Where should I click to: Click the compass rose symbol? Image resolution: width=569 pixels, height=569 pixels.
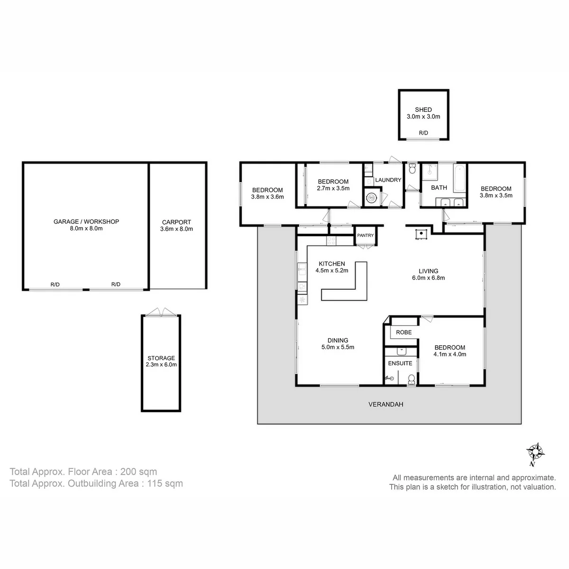(x=535, y=452)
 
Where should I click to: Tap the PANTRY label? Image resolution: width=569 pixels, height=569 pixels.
(x=365, y=235)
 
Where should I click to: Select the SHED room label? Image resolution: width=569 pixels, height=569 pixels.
(x=423, y=110)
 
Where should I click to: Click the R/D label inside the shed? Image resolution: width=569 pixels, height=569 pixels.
(x=423, y=133)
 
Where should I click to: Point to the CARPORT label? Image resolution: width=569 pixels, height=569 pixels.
(x=176, y=222)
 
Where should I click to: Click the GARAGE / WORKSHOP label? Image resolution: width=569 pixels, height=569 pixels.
(x=86, y=221)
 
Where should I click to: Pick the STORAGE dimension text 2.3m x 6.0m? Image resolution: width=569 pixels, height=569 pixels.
(x=161, y=365)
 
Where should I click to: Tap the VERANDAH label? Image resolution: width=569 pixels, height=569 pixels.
(x=385, y=404)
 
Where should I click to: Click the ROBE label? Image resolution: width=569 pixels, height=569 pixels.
(x=404, y=332)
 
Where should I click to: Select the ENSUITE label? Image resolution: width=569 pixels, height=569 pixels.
(x=400, y=363)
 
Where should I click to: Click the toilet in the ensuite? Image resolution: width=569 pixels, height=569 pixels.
(x=411, y=379)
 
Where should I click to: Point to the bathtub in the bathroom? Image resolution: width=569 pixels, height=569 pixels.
(x=459, y=178)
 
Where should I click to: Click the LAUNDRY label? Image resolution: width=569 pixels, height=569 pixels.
(x=388, y=180)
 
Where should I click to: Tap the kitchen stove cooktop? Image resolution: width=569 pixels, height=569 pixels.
(x=331, y=241)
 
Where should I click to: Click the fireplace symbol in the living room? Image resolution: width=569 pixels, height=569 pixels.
(x=422, y=234)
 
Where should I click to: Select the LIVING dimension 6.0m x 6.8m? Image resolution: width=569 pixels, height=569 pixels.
(x=428, y=278)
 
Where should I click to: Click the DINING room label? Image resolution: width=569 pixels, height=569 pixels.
(x=338, y=340)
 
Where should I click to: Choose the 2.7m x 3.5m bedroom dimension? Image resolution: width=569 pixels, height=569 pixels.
(x=333, y=188)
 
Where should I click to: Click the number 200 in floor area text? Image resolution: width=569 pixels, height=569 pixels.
(x=128, y=471)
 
